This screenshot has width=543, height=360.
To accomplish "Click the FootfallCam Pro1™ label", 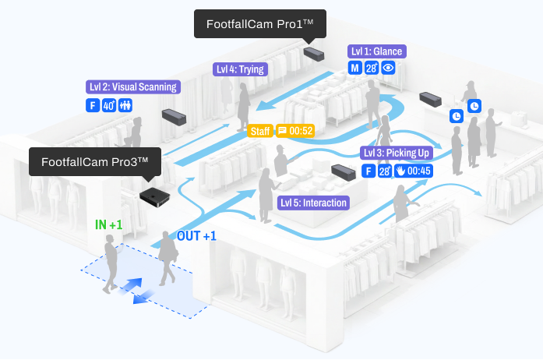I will [x=259, y=24].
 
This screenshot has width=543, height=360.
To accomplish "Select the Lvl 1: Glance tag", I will [x=376, y=51].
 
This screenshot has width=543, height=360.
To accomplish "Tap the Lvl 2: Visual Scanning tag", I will [x=133, y=87].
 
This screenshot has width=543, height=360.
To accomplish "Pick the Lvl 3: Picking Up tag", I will [x=397, y=153].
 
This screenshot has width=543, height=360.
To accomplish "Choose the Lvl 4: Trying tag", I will [x=241, y=69].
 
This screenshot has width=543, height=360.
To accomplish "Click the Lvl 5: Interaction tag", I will [x=313, y=203].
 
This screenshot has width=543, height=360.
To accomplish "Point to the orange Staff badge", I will [x=260, y=131].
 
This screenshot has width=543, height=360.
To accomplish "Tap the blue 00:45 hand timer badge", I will [x=412, y=171].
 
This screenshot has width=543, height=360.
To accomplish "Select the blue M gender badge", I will [x=354, y=68].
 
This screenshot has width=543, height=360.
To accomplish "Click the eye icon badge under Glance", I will [x=389, y=68].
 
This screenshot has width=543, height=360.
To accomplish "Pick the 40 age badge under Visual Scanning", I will [x=109, y=104].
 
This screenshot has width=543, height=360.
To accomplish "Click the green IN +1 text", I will [x=109, y=224].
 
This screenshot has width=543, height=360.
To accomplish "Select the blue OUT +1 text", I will [x=197, y=235].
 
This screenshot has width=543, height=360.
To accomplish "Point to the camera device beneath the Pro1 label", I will [x=315, y=54].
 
